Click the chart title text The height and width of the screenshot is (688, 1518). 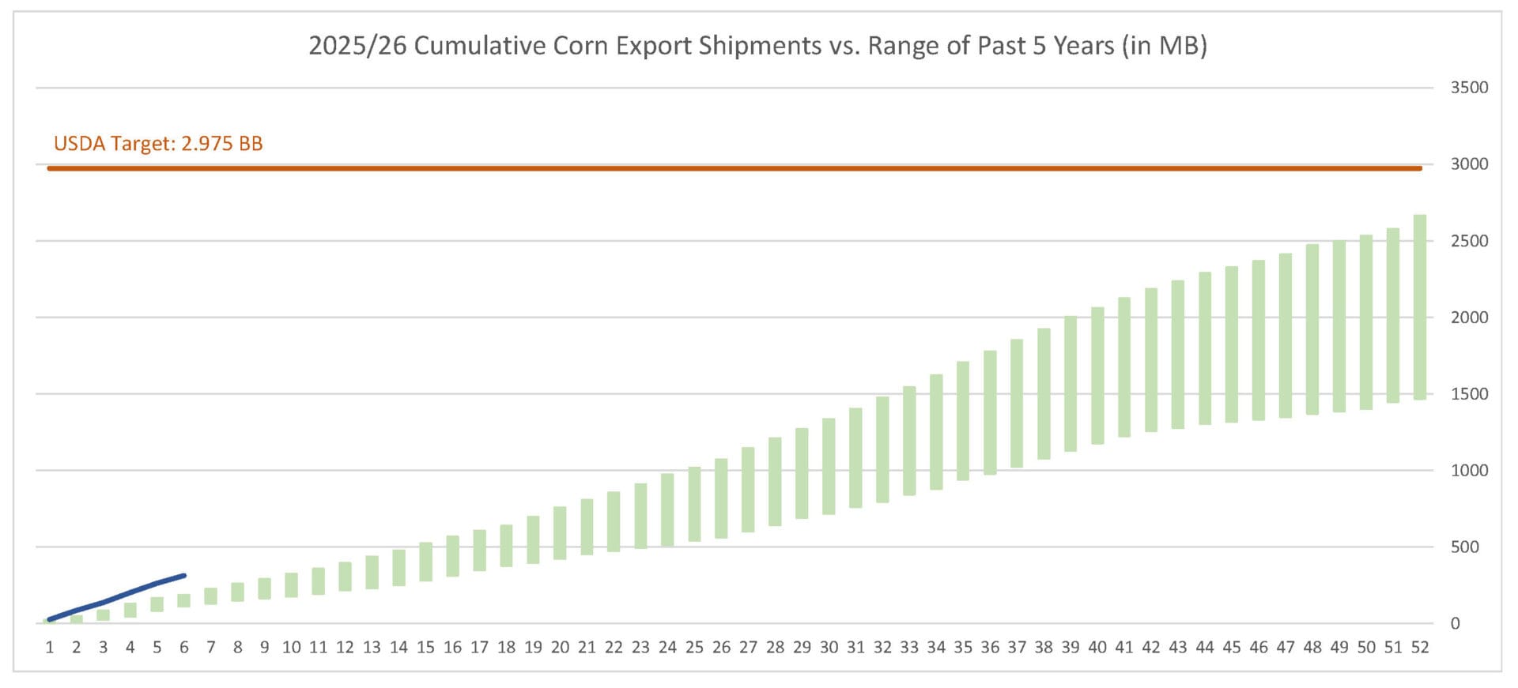(757, 46)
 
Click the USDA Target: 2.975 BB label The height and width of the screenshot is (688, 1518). (158, 144)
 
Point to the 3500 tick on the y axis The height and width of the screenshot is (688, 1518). (1468, 88)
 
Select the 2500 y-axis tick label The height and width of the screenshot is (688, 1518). (1468, 241)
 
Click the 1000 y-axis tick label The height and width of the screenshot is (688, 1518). (1468, 471)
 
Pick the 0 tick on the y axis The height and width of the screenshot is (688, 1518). (1455, 624)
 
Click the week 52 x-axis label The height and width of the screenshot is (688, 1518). (1420, 648)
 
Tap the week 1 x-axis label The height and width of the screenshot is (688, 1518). (50, 648)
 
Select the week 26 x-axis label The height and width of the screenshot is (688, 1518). (721, 648)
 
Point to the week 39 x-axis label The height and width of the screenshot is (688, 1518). (1071, 648)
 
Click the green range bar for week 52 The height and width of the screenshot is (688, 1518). (1420, 307)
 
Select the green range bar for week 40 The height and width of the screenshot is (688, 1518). (1097, 376)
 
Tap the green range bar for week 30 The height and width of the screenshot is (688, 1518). (829, 467)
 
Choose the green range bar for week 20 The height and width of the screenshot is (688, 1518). (560, 533)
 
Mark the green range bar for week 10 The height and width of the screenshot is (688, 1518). (291, 585)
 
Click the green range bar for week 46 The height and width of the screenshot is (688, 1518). (1259, 340)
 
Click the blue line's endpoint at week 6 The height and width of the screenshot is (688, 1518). (184, 575)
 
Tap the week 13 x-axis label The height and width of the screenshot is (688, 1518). (372, 648)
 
